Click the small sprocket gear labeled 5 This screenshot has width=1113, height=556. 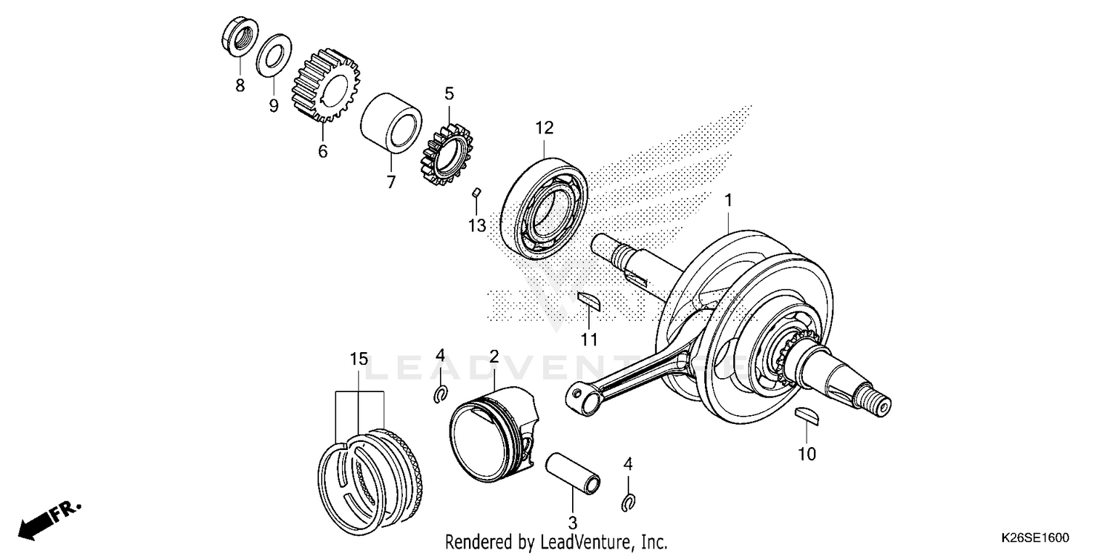[x=446, y=153]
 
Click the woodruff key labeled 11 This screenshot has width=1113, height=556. [x=591, y=299]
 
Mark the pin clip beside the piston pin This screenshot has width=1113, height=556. [x=628, y=503]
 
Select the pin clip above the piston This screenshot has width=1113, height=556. [x=440, y=394]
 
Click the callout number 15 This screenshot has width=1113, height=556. [x=358, y=360]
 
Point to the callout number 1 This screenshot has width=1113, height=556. [x=729, y=200]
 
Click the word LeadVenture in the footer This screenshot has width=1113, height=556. [x=582, y=543]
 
